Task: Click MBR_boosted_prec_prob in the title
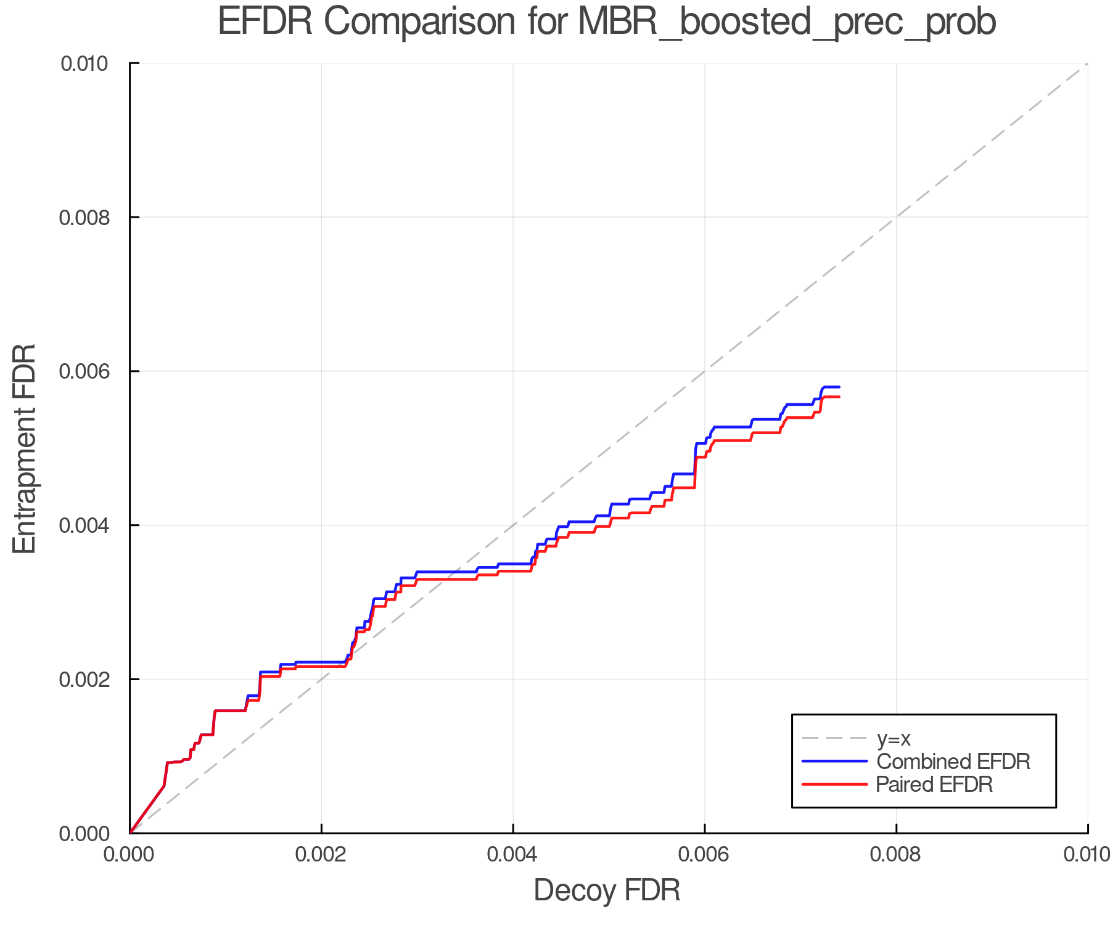tap(786, 23)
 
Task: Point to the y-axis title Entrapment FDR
tap(25, 448)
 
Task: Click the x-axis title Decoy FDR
tap(607, 890)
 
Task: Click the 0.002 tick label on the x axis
tap(321, 855)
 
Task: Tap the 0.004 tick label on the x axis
tap(513, 855)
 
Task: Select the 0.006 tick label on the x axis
tap(704, 855)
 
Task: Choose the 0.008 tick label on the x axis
tap(896, 855)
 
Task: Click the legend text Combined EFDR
tap(953, 762)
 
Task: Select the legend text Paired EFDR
tap(934, 784)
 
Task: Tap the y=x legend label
tap(894, 739)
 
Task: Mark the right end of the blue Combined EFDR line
tap(839, 387)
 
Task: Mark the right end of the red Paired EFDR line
tap(839, 397)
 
